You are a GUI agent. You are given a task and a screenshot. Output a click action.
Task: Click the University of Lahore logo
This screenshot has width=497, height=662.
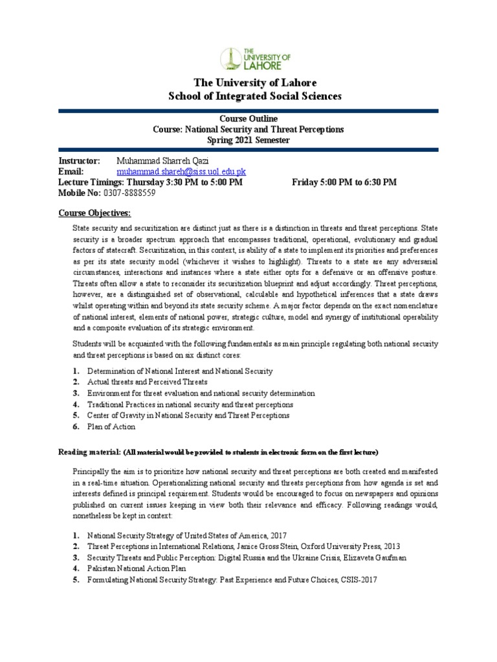[255, 58]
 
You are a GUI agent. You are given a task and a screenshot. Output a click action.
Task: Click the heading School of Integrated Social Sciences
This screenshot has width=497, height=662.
[254, 96]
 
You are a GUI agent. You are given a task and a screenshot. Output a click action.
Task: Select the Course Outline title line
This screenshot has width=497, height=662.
[248, 119]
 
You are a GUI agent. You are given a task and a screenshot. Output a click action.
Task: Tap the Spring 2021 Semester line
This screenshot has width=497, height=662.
[248, 140]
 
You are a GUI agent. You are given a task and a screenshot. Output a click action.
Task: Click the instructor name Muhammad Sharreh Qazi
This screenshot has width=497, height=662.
[162, 161]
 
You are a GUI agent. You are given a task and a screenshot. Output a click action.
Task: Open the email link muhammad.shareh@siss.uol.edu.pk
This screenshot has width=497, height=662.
[181, 172]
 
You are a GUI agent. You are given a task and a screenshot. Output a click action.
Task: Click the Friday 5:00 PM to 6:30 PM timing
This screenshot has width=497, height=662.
[344, 182]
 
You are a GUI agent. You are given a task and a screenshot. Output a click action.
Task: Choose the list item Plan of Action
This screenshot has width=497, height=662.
[111, 427]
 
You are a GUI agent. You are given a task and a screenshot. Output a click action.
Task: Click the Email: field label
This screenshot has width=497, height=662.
[71, 172]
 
